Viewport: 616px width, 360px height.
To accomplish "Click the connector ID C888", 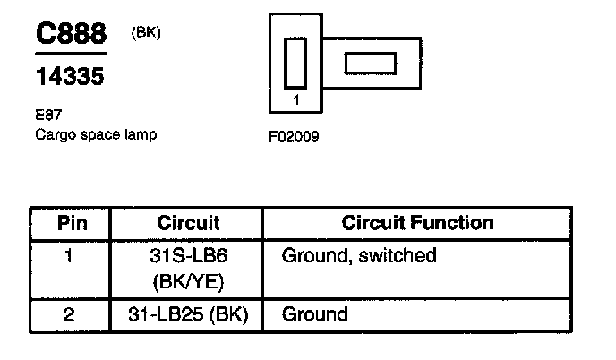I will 70,35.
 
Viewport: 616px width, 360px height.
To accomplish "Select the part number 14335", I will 70,77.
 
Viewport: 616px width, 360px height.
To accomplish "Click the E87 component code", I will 47,116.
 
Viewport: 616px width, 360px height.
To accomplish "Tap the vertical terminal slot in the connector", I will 295,63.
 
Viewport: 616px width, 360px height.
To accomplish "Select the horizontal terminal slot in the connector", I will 370,63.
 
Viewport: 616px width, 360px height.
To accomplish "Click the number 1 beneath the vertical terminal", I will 296,100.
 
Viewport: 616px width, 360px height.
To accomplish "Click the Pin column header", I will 73,222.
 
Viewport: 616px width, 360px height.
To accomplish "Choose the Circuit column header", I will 188,222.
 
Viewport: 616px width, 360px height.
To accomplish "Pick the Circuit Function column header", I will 418,222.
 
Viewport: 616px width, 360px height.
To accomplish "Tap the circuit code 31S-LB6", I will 188,256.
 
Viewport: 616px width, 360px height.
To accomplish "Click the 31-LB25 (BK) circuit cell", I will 188,314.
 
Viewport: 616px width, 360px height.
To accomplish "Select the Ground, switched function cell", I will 359,256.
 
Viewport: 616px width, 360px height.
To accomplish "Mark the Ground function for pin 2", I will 314,314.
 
